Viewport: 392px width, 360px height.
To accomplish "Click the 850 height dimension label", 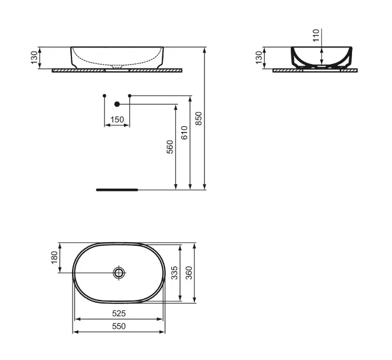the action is (x=198, y=118).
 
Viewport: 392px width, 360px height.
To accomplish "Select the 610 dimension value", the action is (x=184, y=133).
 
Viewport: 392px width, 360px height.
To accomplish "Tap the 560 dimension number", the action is (x=170, y=147).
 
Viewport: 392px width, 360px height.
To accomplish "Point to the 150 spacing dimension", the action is (x=117, y=119).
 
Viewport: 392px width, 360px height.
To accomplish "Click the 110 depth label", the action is (x=316, y=35).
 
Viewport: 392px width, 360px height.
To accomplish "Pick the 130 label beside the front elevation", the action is (x=34, y=58).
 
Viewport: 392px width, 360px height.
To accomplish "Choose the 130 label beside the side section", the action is (x=259, y=58).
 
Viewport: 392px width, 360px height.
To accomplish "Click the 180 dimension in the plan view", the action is (x=54, y=258).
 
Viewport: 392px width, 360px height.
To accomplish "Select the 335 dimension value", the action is (x=174, y=273).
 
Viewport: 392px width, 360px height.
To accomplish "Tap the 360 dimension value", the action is (x=189, y=273).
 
